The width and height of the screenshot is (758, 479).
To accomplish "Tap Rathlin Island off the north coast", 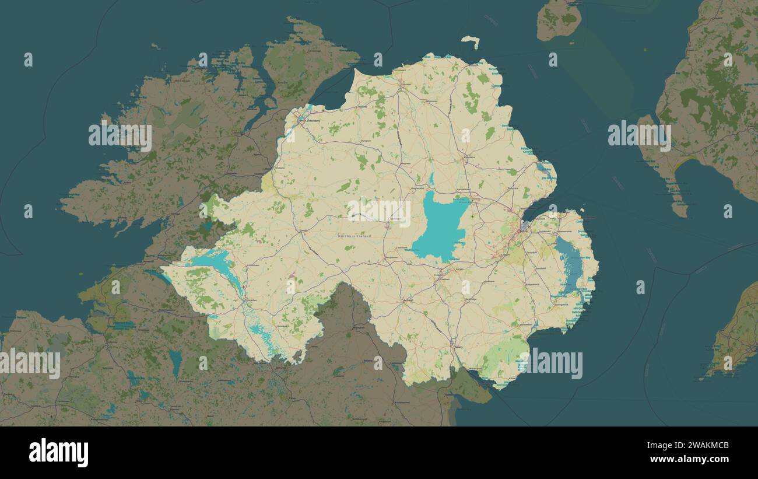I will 470,41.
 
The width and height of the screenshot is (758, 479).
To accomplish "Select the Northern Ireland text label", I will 354,236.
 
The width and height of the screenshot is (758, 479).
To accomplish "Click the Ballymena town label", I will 466,158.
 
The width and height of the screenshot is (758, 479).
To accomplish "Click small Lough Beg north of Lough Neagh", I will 431,177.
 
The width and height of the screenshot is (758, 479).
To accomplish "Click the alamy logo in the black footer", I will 59,453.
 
